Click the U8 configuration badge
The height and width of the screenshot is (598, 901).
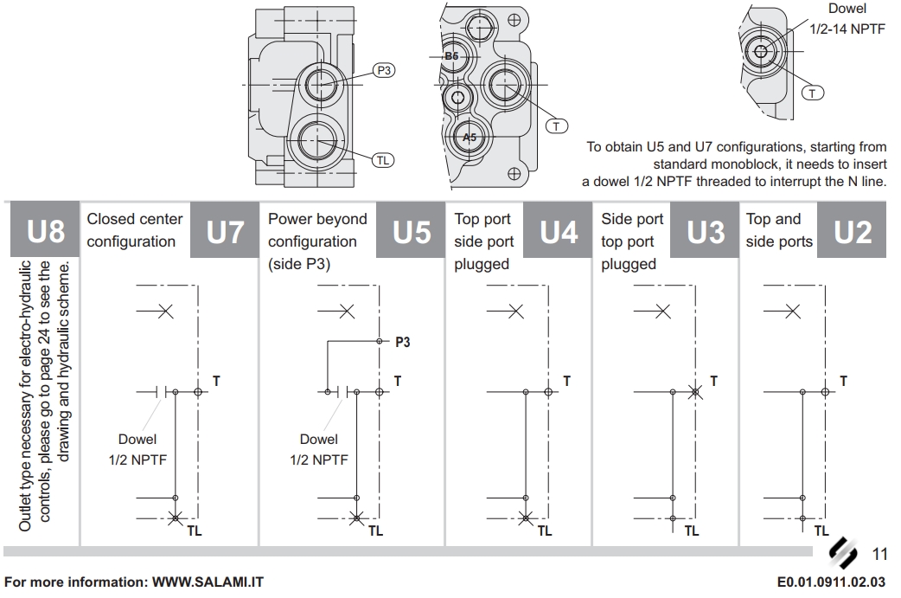47,231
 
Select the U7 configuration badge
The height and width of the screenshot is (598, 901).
226,231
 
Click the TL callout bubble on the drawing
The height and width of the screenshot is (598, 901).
383,159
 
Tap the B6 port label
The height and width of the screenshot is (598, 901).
451,56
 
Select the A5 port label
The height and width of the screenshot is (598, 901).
470,138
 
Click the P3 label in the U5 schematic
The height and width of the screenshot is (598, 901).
402,342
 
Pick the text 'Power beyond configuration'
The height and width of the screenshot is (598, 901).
317,230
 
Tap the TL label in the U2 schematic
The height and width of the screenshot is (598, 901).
821,530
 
